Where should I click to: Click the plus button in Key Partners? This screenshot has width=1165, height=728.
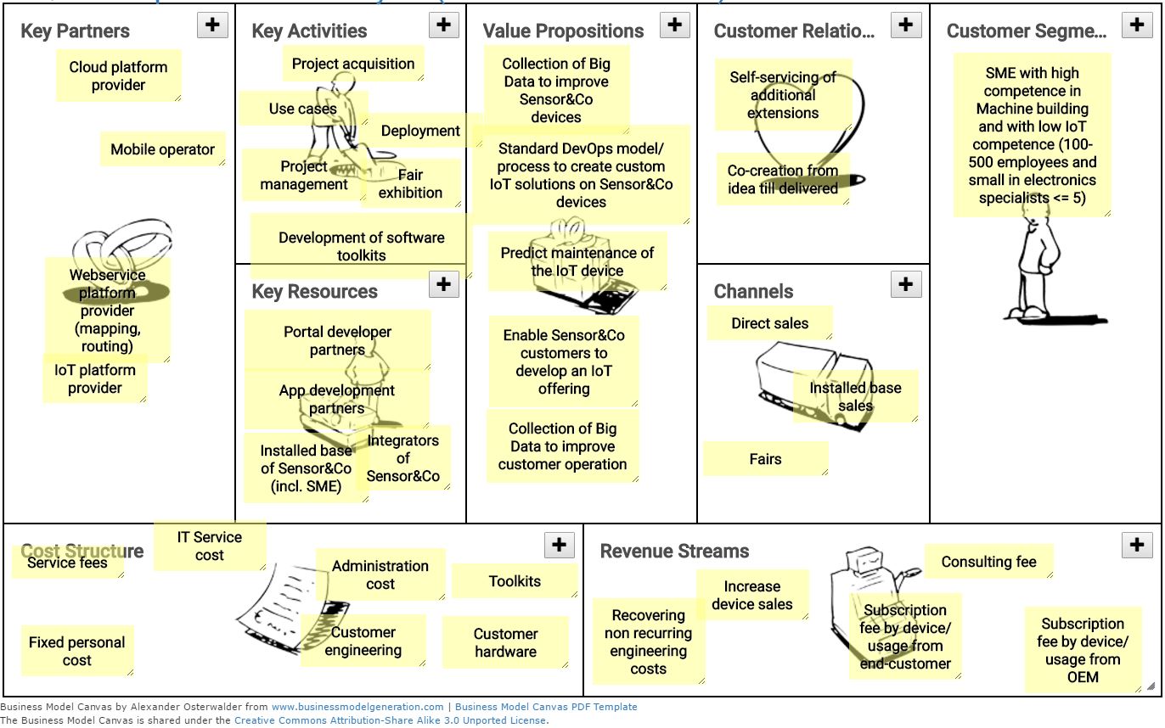pos(212,25)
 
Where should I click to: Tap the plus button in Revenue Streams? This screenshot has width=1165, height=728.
pos(1137,545)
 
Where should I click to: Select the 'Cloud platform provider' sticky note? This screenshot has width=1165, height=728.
pos(119,76)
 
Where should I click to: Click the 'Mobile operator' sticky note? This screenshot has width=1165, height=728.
pos(162,149)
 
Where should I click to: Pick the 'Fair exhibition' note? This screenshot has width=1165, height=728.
pos(411,184)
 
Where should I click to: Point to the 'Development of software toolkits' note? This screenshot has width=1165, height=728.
pos(361,246)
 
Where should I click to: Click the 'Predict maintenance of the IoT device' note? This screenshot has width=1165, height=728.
pos(577,261)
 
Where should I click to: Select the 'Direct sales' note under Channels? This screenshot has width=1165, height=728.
pos(769,323)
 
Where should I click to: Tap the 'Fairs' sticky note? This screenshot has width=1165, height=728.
pos(765,459)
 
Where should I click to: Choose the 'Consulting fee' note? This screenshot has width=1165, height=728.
pos(988,562)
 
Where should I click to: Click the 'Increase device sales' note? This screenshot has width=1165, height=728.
pos(751,595)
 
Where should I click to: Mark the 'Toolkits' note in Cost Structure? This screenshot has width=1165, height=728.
pos(515,581)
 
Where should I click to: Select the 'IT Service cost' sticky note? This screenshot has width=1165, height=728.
pos(209,546)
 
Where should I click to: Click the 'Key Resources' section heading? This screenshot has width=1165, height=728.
pos(314,291)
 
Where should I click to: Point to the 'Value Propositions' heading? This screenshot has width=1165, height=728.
pos(563,31)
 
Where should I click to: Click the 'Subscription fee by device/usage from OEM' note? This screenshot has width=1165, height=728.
pos(1083,650)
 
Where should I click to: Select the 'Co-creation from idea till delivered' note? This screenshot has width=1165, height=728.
pos(782,179)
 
